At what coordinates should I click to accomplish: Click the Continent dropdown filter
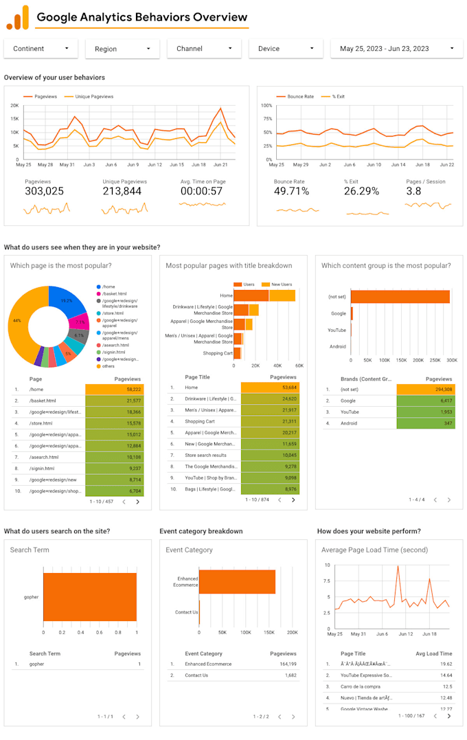[x=41, y=49]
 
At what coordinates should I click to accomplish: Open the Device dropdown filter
[x=285, y=49]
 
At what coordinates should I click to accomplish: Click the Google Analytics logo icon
[x=18, y=18]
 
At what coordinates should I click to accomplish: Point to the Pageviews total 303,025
[x=44, y=192]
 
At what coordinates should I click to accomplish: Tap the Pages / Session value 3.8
[x=413, y=192]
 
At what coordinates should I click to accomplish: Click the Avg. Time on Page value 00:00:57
[x=201, y=192]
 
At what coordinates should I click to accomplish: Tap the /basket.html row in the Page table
[x=43, y=401]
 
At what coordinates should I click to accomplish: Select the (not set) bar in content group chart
[x=400, y=296]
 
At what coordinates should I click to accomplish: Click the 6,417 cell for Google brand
[x=426, y=401]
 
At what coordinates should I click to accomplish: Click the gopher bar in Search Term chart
[x=89, y=597]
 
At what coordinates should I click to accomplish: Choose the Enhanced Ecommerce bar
[x=237, y=581]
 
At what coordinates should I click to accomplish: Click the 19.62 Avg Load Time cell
[x=446, y=664]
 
